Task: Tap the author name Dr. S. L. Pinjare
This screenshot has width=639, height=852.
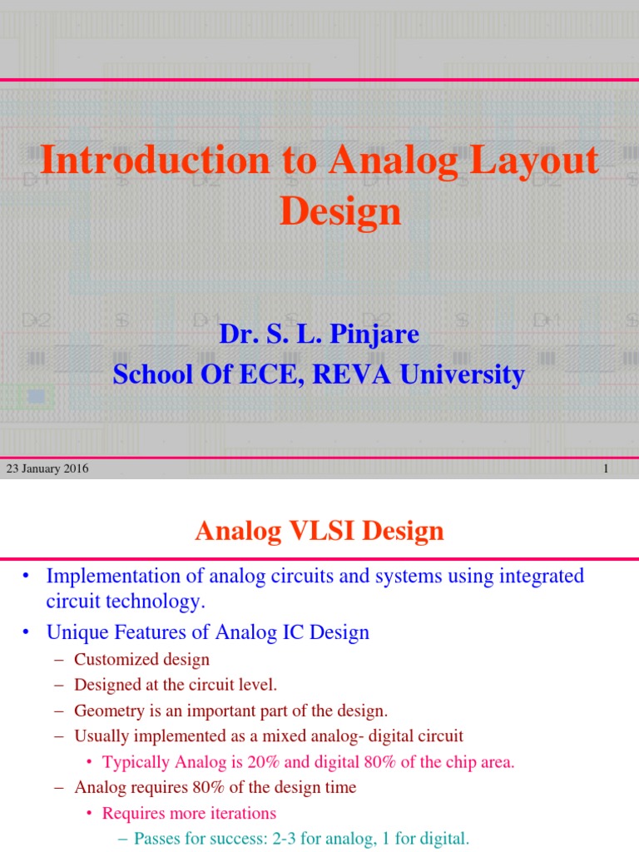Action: pos(319,334)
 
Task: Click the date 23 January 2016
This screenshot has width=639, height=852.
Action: pos(47,469)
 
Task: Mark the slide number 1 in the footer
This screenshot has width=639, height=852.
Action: pos(606,469)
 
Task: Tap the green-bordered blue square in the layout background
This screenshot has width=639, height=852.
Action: pos(36,397)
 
